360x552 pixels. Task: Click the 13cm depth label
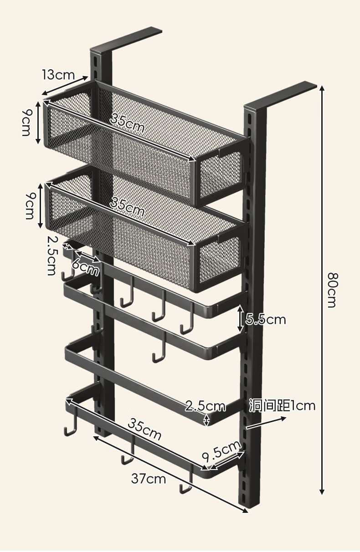[x=58, y=74]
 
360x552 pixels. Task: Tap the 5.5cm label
[x=266, y=320]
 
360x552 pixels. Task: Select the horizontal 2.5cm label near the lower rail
[x=205, y=406]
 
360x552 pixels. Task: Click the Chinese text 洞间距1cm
[x=282, y=405]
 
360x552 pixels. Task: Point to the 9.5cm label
[x=221, y=452]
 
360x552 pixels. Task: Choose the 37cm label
[x=149, y=479]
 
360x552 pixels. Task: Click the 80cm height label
[x=332, y=290]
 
